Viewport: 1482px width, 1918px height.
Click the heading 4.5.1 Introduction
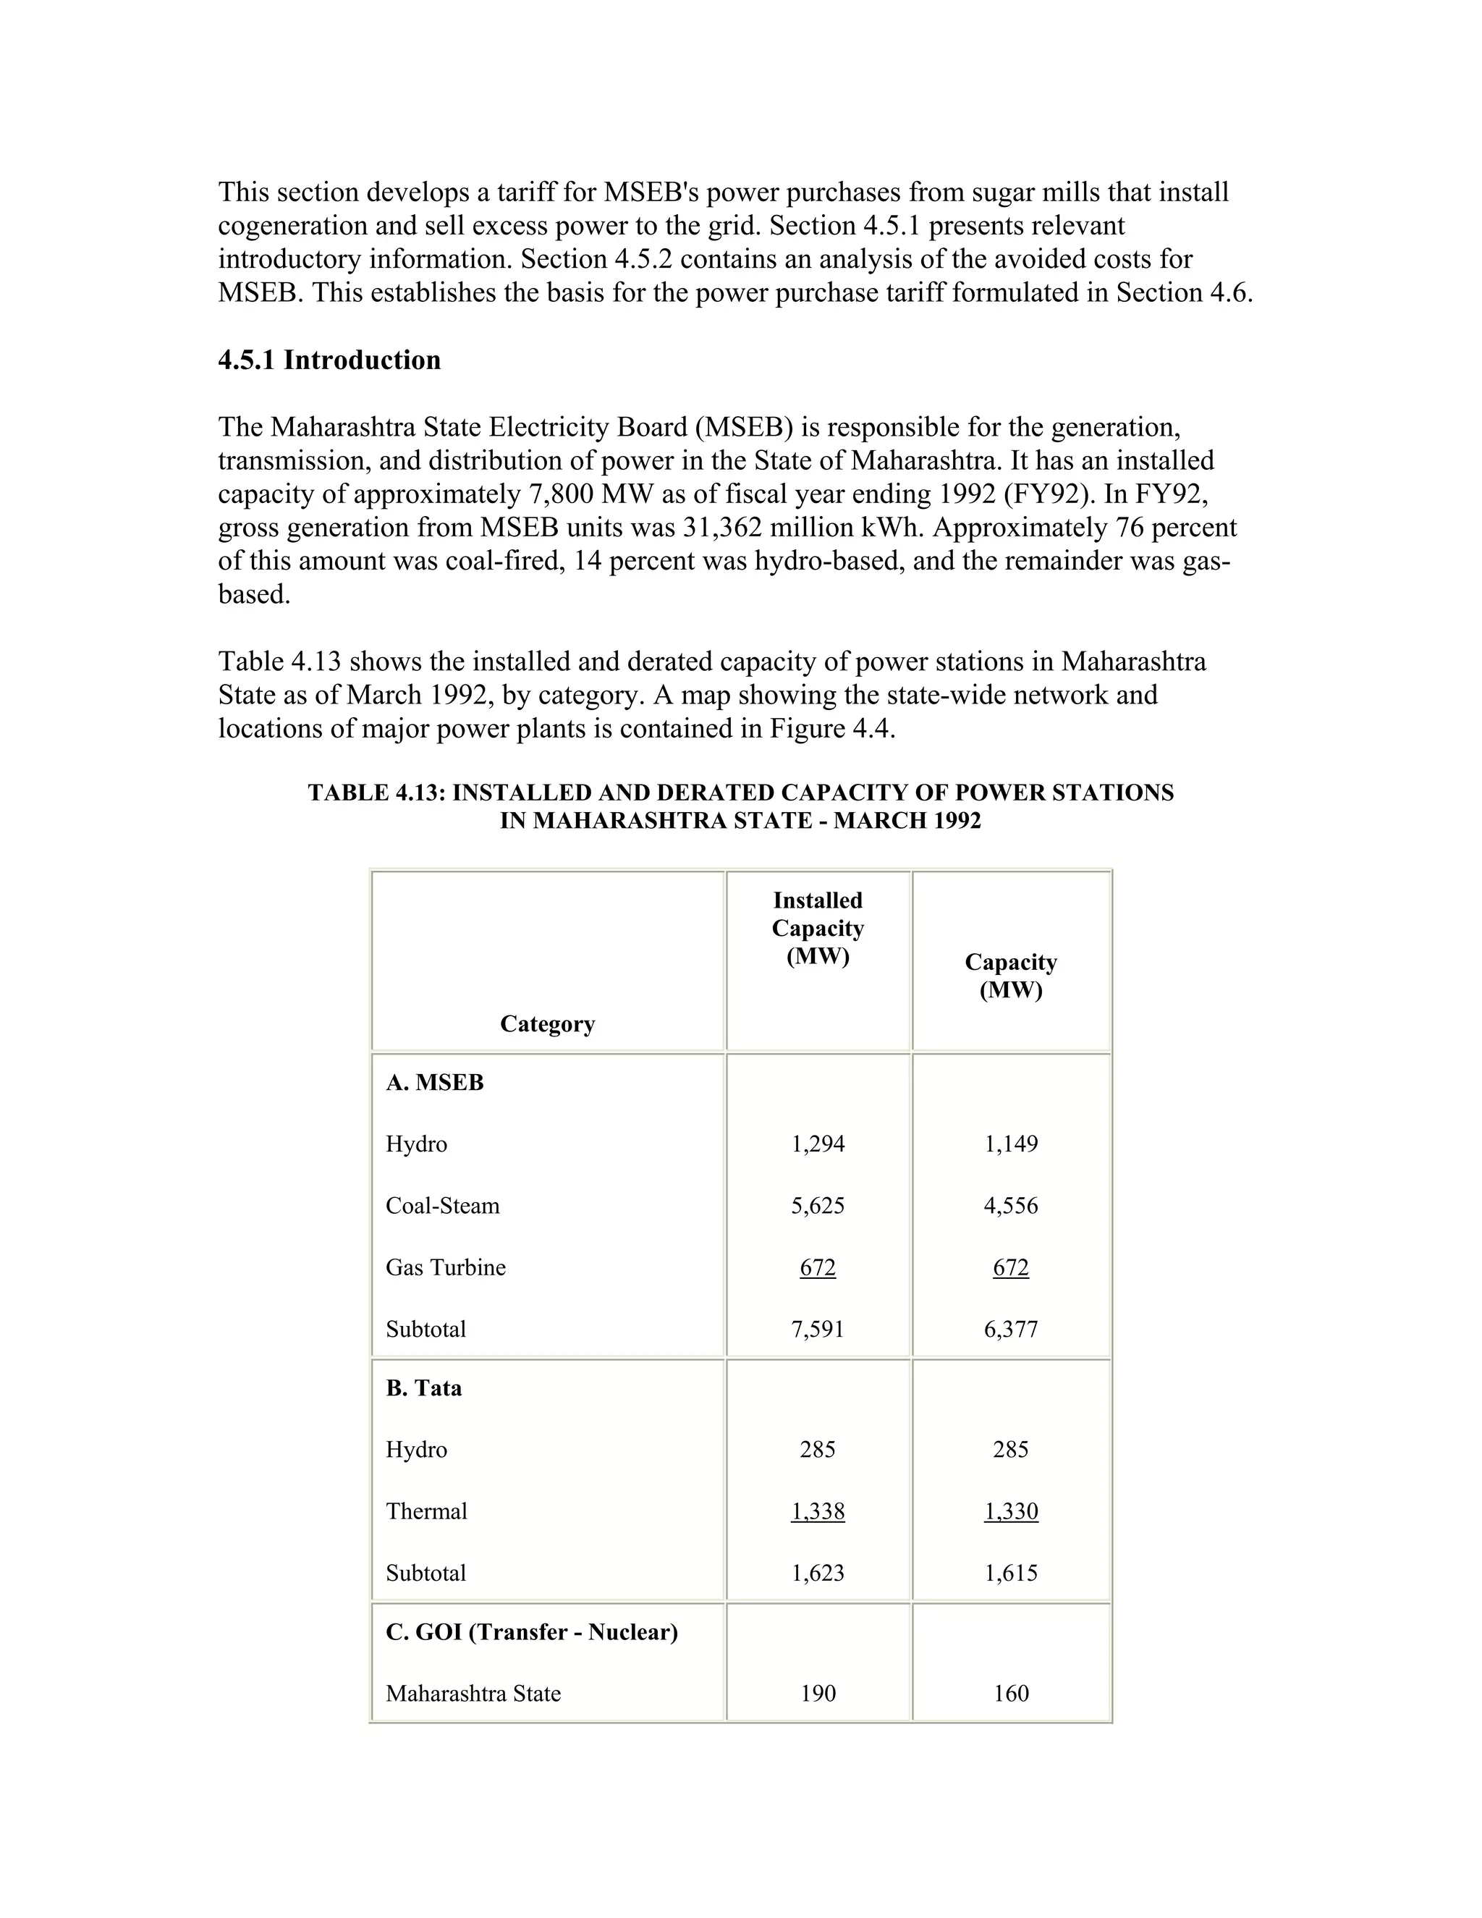(x=329, y=360)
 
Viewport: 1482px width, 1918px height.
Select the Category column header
(x=547, y=1024)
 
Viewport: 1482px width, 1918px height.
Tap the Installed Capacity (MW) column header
(x=818, y=929)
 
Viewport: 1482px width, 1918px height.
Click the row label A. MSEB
(x=435, y=1083)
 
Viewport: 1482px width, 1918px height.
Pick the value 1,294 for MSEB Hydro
(x=818, y=1144)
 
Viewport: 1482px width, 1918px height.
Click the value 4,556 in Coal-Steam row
(x=1010, y=1206)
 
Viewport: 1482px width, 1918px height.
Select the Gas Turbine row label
(x=445, y=1267)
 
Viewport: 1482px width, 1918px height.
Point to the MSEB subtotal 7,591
(x=818, y=1329)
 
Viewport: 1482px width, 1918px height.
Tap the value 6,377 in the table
(x=1010, y=1329)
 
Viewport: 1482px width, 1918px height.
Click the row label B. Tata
(x=423, y=1388)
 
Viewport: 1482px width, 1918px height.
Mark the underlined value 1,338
(x=818, y=1511)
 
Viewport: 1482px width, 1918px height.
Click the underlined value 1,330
(x=1010, y=1511)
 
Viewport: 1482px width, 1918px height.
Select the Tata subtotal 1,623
(x=818, y=1573)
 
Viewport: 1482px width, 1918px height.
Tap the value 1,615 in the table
(x=1010, y=1573)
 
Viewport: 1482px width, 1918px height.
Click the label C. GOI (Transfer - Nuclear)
(x=531, y=1633)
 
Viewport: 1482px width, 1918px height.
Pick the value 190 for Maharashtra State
(x=818, y=1694)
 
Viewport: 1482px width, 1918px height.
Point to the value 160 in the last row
(x=1010, y=1694)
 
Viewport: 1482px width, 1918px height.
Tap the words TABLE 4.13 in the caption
(x=376, y=793)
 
